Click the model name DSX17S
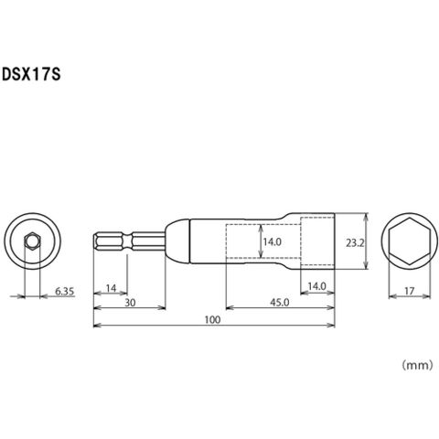(31, 74)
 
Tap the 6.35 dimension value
(64, 292)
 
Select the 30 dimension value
(130, 303)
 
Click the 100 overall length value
(212, 320)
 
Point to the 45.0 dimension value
(280, 303)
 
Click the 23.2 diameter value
(355, 243)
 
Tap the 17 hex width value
(410, 291)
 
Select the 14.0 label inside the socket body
(273, 242)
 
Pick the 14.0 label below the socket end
(316, 286)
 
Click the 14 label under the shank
(111, 288)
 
